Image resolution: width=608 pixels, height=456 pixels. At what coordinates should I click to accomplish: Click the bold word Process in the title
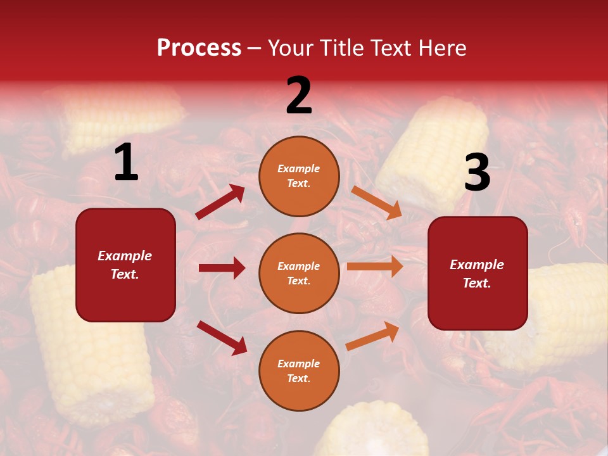(199, 48)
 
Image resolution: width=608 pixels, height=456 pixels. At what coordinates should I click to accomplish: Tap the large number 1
(126, 163)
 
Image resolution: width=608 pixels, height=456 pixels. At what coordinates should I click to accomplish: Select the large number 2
(299, 96)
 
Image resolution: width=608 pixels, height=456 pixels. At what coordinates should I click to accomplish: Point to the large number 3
(477, 172)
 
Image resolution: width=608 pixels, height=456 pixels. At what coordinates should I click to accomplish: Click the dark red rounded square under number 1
(125, 265)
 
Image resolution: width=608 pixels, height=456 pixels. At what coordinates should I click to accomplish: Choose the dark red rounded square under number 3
(478, 273)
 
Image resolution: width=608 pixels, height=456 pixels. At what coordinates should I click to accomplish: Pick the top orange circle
(299, 176)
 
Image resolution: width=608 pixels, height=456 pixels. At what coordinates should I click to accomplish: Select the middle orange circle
(299, 273)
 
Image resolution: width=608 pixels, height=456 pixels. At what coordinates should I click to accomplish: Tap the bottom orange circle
(299, 370)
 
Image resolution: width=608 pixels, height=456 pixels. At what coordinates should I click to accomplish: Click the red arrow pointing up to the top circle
(220, 202)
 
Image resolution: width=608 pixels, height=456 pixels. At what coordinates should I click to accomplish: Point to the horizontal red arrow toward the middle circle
(222, 268)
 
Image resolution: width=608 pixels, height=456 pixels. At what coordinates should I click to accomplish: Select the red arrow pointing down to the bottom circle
(222, 337)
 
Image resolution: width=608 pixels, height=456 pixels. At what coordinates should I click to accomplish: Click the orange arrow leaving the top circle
(376, 203)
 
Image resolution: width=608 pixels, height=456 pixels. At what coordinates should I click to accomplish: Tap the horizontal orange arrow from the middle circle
(375, 267)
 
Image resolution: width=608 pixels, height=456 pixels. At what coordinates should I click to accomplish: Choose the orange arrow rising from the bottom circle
(373, 336)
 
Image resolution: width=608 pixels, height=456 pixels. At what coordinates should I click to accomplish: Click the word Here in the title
(443, 48)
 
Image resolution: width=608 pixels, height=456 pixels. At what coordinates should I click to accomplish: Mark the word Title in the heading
(342, 48)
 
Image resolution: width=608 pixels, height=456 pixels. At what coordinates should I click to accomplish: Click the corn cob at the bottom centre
(374, 431)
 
